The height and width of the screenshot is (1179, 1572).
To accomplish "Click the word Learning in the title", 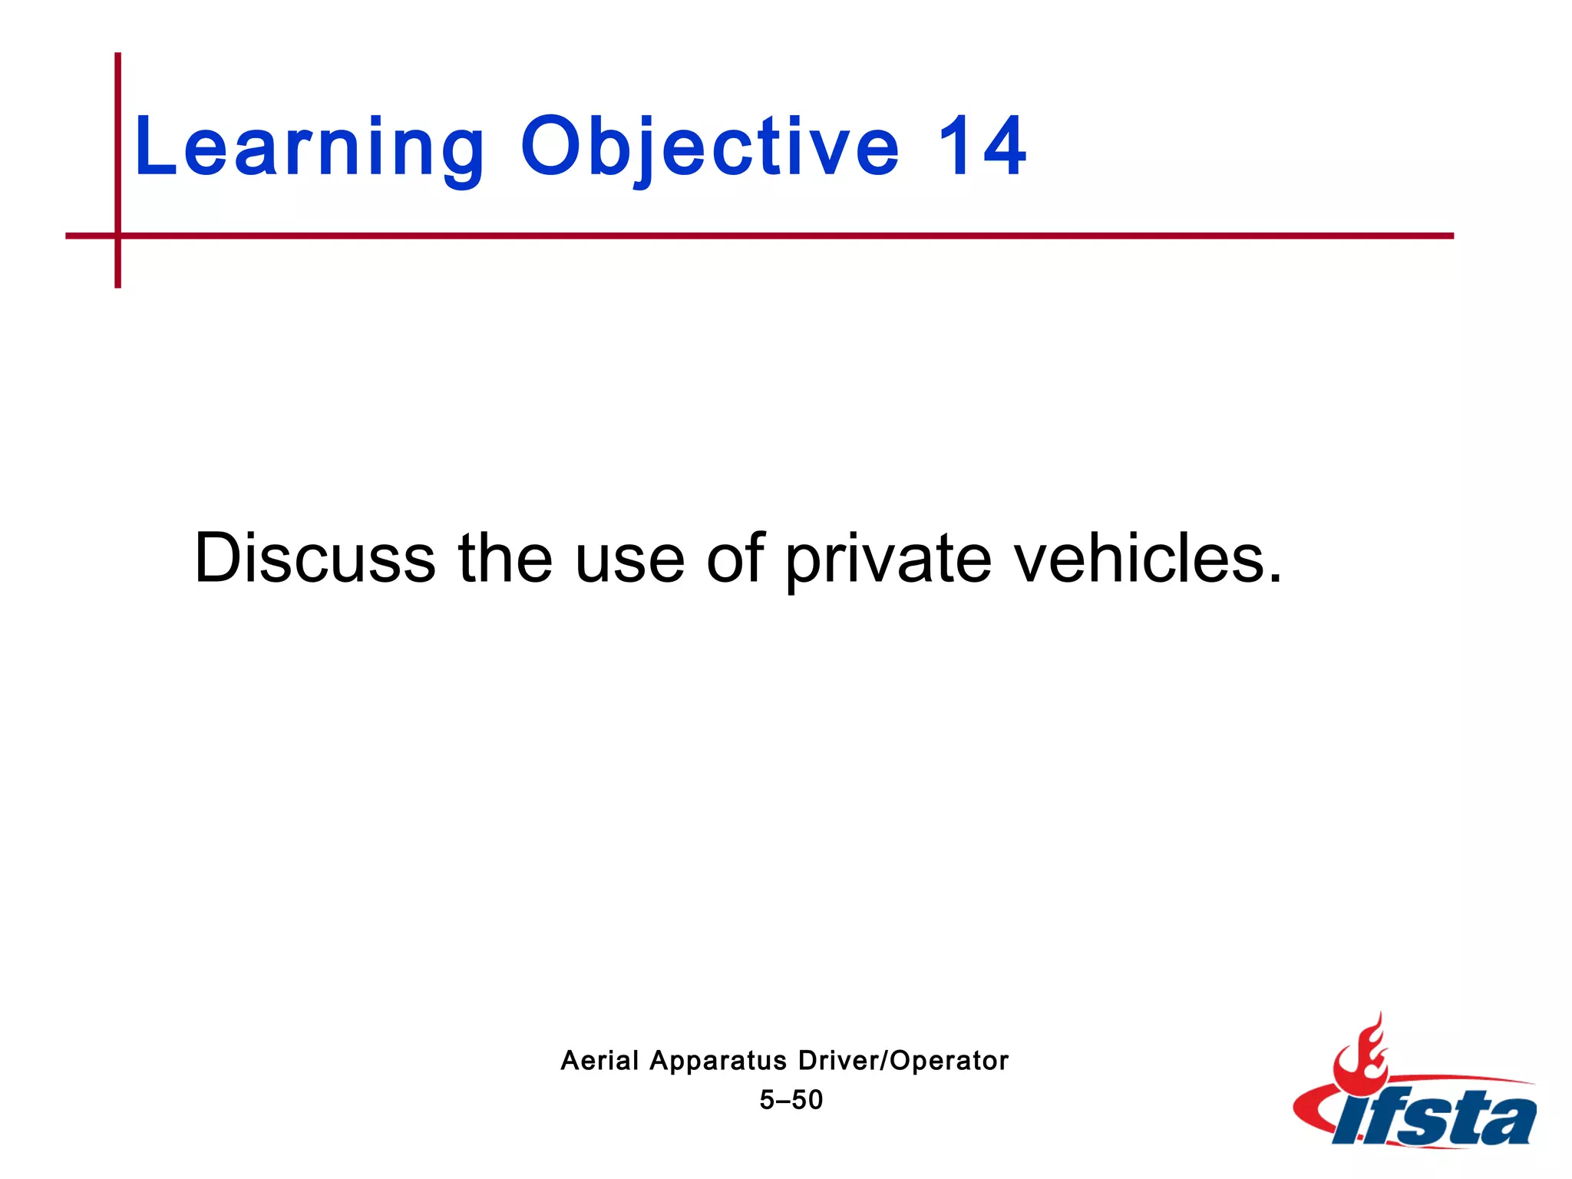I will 309,147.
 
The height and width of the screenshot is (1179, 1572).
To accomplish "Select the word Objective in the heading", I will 709,147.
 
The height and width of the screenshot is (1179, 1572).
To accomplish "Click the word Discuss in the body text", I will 315,558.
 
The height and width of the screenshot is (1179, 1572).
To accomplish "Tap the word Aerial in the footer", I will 599,1061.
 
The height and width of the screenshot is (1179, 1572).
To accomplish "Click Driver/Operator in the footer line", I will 903,1061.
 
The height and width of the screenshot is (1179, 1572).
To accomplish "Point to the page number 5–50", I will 791,1100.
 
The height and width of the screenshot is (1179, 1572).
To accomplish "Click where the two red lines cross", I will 118,236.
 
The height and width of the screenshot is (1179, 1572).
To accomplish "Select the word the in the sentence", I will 504,558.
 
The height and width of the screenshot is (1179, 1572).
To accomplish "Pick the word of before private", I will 735,558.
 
